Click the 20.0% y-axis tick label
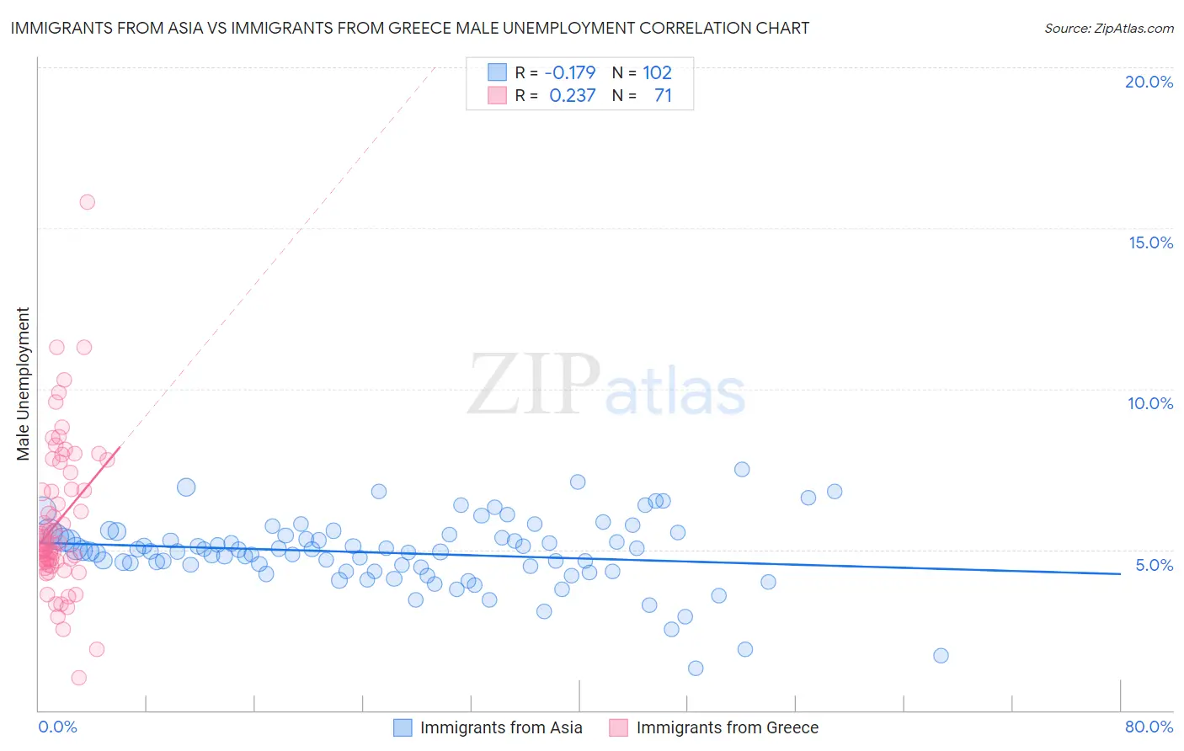tap(1149, 82)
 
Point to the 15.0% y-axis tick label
tap(1150, 242)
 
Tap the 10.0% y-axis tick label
tap(1150, 403)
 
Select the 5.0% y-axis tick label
tap(1154, 565)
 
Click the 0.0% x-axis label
tap(57, 727)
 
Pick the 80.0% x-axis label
tap(1149, 727)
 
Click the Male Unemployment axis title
tap(23, 384)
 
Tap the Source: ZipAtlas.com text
tap(1108, 29)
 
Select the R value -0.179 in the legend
tap(570, 73)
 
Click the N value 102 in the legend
tap(657, 73)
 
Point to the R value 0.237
tap(572, 96)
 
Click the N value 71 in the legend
tap(663, 96)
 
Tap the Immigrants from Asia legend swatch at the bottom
tap(403, 727)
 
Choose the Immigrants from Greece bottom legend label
tap(727, 727)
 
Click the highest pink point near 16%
tap(87, 202)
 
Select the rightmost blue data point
tap(941, 656)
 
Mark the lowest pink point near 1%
tap(78, 678)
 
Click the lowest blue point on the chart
tap(696, 668)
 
